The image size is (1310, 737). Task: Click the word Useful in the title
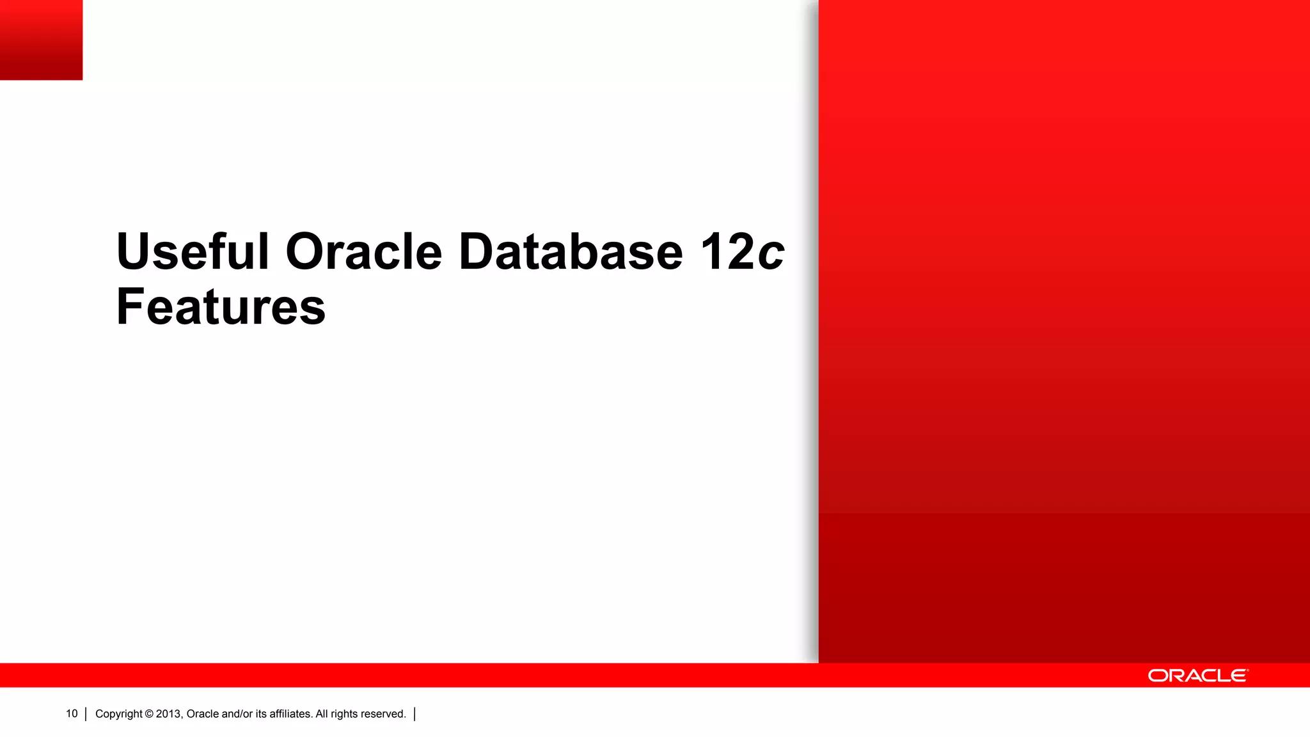[193, 251]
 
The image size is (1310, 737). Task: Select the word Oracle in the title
[363, 251]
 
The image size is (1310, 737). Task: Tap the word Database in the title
[571, 251]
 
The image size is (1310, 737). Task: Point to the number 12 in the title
[728, 251]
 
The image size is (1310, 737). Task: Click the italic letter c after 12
[771, 253]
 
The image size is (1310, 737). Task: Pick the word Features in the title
[221, 307]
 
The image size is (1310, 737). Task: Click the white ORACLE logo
[1197, 676]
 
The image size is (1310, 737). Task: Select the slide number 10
[72, 713]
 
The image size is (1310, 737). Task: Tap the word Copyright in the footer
[119, 714]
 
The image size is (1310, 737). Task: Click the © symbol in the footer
[149, 714]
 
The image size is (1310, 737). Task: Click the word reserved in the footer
[383, 714]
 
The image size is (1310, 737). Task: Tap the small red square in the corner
[41, 40]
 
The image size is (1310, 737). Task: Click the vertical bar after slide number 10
[86, 714]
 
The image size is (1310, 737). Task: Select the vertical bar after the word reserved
[414, 714]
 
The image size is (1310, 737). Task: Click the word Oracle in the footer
[203, 714]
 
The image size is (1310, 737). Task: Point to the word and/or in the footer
[237, 714]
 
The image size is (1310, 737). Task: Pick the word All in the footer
[322, 714]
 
